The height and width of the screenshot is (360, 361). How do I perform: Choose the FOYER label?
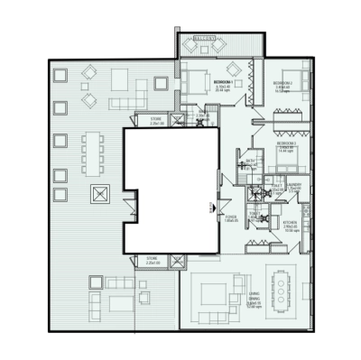(x=232, y=217)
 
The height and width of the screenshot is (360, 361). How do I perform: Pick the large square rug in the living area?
(x=215, y=295)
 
